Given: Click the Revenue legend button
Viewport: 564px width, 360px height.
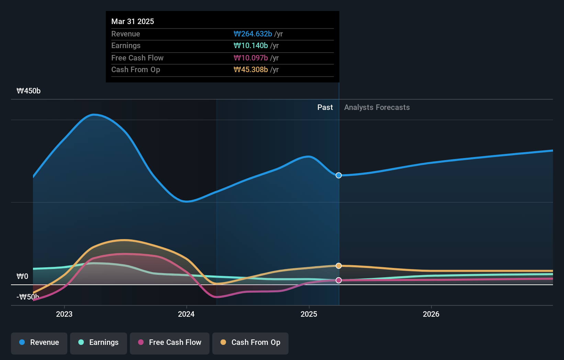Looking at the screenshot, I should click(39, 343).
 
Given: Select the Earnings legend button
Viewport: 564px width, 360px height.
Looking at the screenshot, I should click(99, 343).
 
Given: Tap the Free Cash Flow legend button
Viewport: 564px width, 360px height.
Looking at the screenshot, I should click(170, 343).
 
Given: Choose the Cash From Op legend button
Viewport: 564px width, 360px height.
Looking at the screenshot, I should click(250, 343).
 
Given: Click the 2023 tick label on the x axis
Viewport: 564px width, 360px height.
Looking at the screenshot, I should click(64, 314).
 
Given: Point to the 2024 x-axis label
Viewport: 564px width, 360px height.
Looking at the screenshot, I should click(186, 314).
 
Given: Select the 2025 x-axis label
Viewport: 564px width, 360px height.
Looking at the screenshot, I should click(309, 314).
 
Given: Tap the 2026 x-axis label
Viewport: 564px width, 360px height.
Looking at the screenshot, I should click(431, 314).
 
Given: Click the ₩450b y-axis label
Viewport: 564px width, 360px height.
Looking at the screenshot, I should click(29, 91).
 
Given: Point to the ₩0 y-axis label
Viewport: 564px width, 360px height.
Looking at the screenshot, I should click(22, 277).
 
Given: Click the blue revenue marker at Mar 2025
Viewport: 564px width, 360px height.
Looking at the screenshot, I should click(339, 176).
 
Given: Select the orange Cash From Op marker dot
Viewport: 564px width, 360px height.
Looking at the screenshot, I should click(339, 266).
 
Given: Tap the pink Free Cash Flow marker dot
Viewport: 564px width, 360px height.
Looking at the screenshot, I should click(339, 280).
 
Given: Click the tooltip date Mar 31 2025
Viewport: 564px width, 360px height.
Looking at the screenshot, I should click(133, 22).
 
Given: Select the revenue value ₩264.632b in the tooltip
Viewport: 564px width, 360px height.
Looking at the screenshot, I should click(253, 34).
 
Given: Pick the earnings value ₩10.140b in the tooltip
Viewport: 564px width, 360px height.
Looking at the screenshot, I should click(251, 46).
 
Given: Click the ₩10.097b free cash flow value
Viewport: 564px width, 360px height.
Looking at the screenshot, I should click(251, 58).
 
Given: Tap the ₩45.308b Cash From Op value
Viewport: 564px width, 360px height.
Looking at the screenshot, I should click(251, 70).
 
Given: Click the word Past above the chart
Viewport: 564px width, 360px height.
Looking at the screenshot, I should click(325, 108).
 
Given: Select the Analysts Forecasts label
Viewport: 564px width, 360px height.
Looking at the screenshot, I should click(377, 108).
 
